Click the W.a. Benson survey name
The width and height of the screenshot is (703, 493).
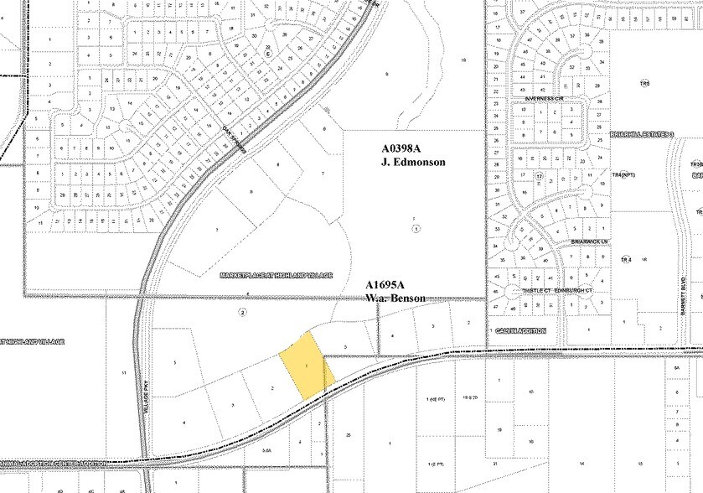tap(396, 298)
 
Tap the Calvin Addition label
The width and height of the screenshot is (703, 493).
tap(519, 330)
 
